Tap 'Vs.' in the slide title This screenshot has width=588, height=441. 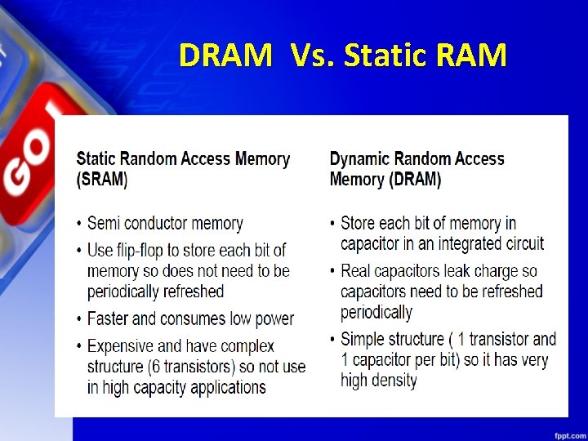click(312, 56)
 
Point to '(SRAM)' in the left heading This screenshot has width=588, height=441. click(102, 180)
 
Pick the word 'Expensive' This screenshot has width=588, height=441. click(124, 346)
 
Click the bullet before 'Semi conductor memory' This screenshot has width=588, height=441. click(79, 224)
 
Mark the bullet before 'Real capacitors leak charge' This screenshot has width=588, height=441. click(332, 271)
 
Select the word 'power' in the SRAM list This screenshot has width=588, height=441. click(273, 318)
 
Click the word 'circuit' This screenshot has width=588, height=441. click(522, 243)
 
